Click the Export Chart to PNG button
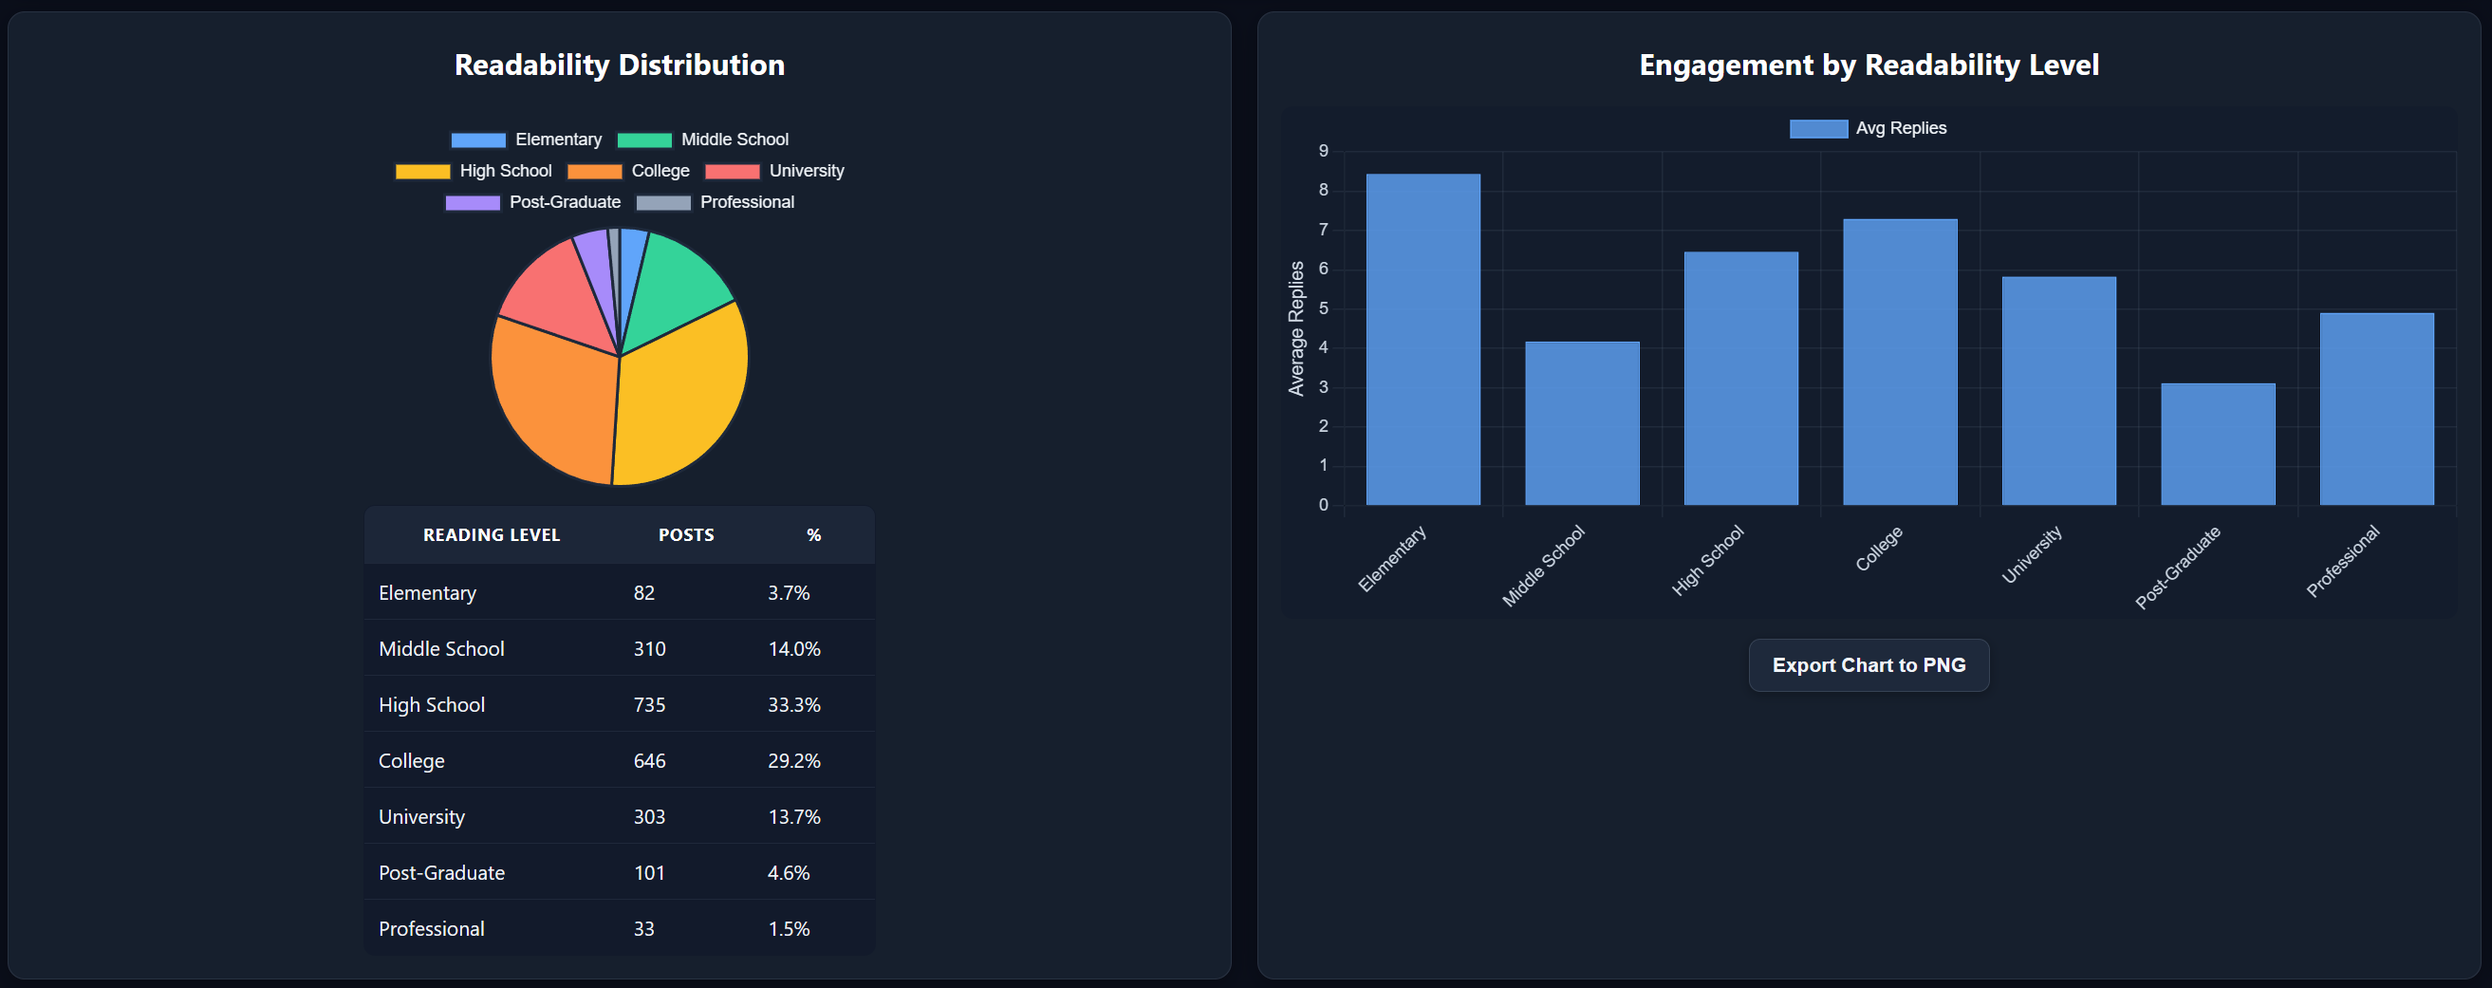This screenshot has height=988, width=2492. (1868, 664)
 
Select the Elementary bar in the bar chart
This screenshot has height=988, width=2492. (1423, 339)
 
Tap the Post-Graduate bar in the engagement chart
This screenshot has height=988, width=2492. (2217, 444)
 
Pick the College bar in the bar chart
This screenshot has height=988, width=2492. (1899, 362)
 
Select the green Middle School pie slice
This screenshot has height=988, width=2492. (678, 286)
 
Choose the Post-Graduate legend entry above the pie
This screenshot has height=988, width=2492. (533, 202)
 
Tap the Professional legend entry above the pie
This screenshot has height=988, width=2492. (715, 202)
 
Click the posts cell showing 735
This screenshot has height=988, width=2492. (649, 704)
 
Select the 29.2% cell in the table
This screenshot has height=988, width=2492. (793, 760)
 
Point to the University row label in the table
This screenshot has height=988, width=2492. (421, 817)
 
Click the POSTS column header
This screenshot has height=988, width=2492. (686, 535)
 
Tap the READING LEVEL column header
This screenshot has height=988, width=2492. (492, 535)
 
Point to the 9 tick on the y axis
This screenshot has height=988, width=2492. (1324, 151)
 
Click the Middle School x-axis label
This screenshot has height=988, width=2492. (1543, 566)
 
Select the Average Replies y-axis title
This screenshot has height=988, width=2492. (1296, 328)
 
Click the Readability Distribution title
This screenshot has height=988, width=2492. (619, 65)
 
